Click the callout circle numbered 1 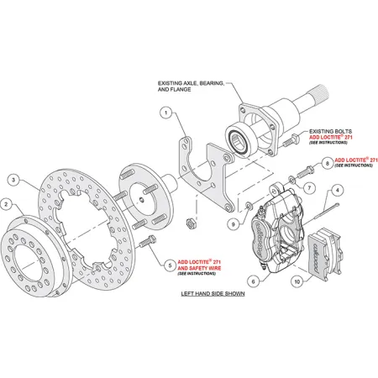point(167,113)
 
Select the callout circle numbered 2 point(6,204)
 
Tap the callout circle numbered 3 point(14,179)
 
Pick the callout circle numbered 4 point(336,191)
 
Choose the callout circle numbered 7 point(308,186)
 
